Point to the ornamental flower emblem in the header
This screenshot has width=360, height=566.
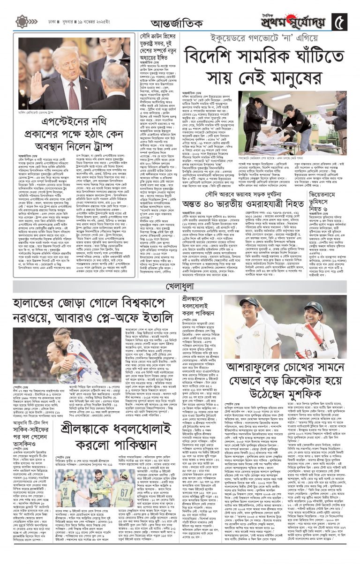tap(21, 21)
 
